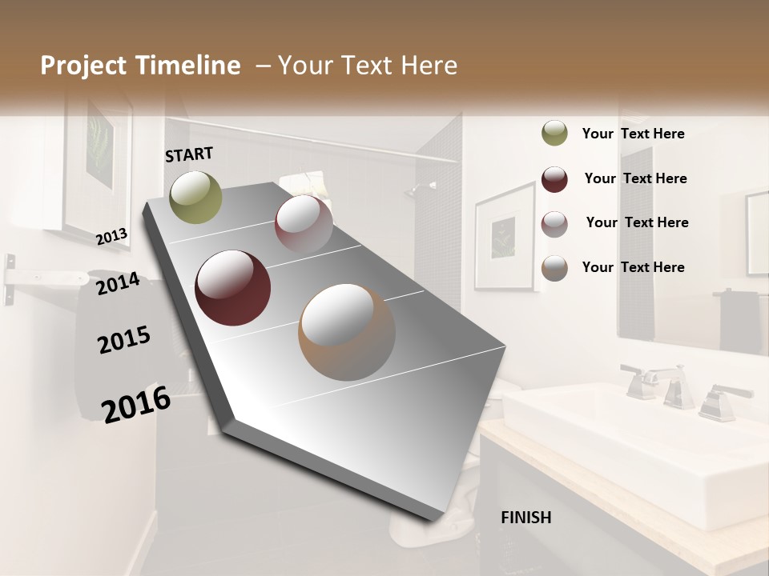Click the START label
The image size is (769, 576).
[x=189, y=154]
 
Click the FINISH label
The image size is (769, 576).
[x=526, y=518]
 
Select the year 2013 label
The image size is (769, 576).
[x=112, y=236]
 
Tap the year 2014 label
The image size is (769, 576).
[x=118, y=283]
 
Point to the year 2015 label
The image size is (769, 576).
[x=124, y=340]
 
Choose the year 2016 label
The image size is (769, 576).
[x=136, y=404]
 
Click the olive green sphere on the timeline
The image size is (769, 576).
[x=195, y=197]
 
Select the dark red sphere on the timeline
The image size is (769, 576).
[x=232, y=288]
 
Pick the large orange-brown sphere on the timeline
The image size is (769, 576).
[x=346, y=332]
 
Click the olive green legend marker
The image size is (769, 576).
[x=554, y=134]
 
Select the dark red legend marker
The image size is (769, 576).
[x=554, y=179]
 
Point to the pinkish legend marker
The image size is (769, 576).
[x=554, y=223]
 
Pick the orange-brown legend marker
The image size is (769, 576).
[x=554, y=268]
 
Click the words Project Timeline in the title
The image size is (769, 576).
[x=140, y=66]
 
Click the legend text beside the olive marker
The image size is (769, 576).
[x=633, y=134]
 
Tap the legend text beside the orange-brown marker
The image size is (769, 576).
[x=633, y=267]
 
